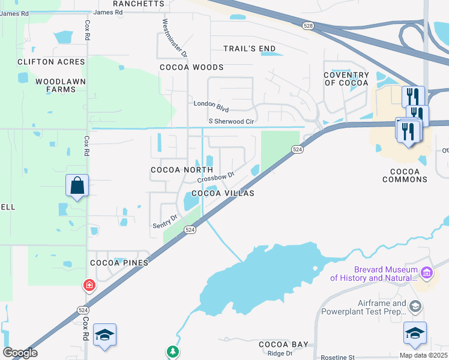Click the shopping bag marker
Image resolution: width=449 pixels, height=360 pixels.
point(77,186)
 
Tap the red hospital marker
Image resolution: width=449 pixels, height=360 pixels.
point(89,284)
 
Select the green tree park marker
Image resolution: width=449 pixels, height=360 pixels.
point(173,350)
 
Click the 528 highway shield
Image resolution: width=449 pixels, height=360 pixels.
point(308,26)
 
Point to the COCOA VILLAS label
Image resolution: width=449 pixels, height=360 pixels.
point(223,193)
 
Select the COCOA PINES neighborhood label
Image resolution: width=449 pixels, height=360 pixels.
point(119,263)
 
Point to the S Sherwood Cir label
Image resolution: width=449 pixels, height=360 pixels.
point(226,121)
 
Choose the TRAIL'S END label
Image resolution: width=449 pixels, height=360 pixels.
point(250,49)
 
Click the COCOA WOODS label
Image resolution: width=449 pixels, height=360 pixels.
point(191,67)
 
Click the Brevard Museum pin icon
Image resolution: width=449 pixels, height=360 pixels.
point(427,274)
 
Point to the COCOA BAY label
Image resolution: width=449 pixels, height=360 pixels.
point(283,344)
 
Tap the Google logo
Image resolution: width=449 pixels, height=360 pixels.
point(20,353)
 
